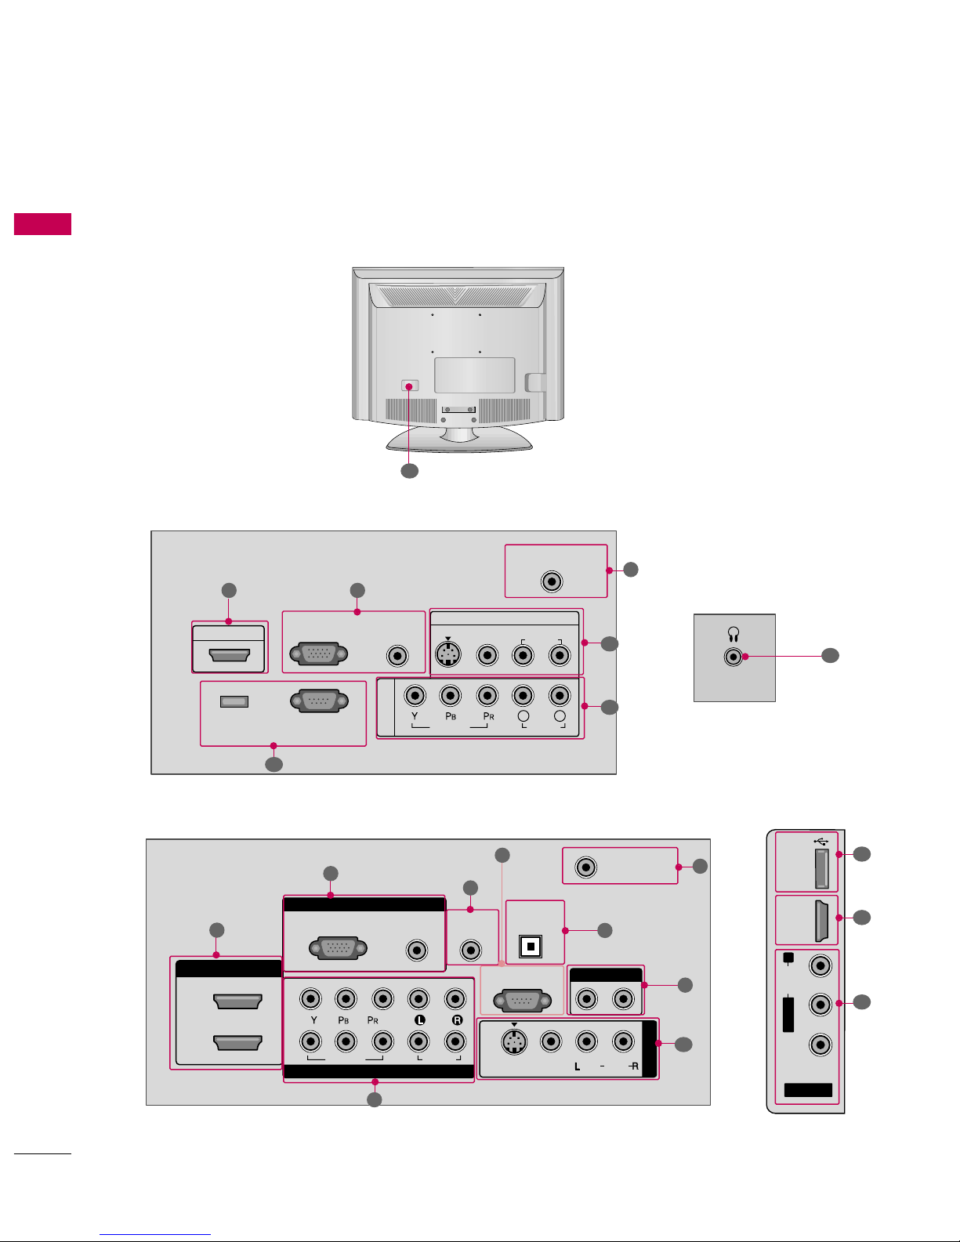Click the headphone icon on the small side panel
(734, 634)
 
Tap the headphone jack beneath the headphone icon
(734, 657)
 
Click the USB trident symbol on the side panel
(821, 842)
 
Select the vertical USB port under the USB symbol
(822, 869)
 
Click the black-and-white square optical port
(531, 947)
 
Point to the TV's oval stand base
(459, 440)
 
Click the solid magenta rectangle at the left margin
(43, 224)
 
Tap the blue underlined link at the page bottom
(155, 1235)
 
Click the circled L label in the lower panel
(419, 1020)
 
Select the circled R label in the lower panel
(457, 1020)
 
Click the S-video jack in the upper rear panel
(448, 654)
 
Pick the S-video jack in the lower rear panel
(514, 1043)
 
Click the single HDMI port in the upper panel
(229, 655)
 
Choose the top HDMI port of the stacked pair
(237, 1001)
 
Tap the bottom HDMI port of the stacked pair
(237, 1042)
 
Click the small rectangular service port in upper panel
(234, 701)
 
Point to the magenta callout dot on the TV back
(409, 387)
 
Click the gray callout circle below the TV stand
(410, 471)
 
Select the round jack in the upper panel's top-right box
(552, 582)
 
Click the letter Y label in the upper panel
(415, 716)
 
